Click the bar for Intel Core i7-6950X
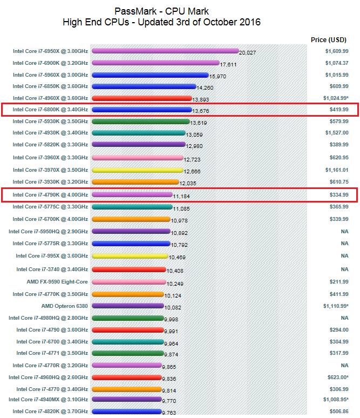165,51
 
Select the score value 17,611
228,64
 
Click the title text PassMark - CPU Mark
162,11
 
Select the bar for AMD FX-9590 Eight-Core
129,282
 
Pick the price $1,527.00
335,133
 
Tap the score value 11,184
181,196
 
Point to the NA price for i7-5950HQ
344,231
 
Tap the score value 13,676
200,111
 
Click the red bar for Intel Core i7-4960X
142,98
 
